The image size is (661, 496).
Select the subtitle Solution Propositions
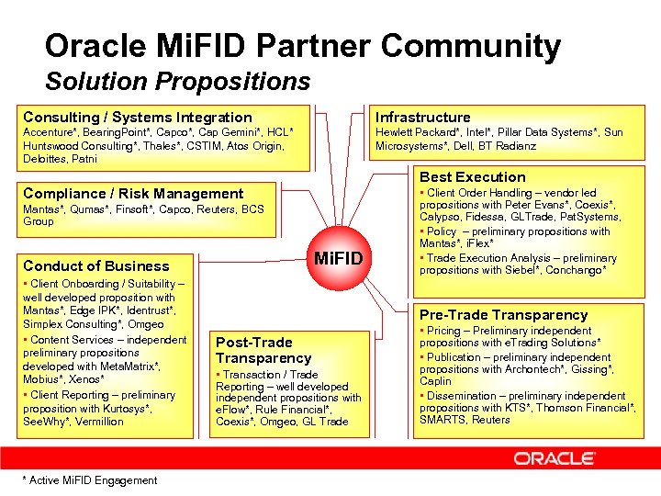click(x=177, y=82)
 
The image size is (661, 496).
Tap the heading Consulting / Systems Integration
click(x=137, y=117)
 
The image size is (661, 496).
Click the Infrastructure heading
click(x=422, y=117)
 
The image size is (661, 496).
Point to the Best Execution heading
click(x=473, y=176)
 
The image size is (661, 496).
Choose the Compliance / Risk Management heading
click(x=133, y=193)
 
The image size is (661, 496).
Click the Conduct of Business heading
click(x=96, y=265)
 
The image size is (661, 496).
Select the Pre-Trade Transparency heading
click(x=503, y=315)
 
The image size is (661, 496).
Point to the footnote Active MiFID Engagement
click(x=89, y=480)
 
